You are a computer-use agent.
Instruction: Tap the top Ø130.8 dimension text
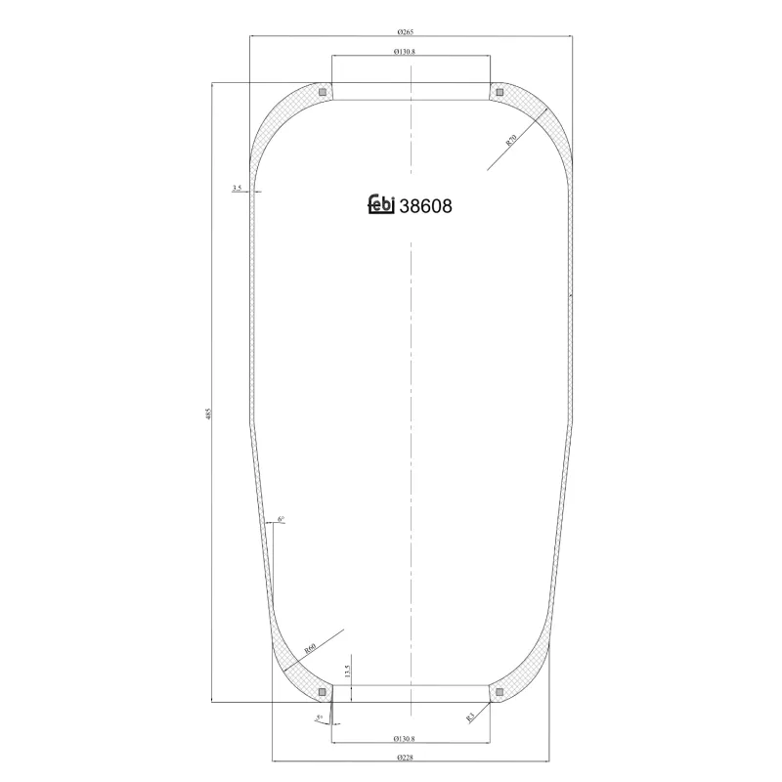[x=412, y=52]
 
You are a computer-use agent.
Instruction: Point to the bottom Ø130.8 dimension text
[x=412, y=738]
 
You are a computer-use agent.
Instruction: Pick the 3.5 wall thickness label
[x=238, y=187]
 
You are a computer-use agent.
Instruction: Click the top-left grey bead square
[x=322, y=92]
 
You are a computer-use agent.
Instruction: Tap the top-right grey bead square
[x=500, y=92]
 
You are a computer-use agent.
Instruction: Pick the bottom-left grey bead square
[x=322, y=693]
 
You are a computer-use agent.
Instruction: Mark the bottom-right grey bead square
[x=500, y=693]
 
